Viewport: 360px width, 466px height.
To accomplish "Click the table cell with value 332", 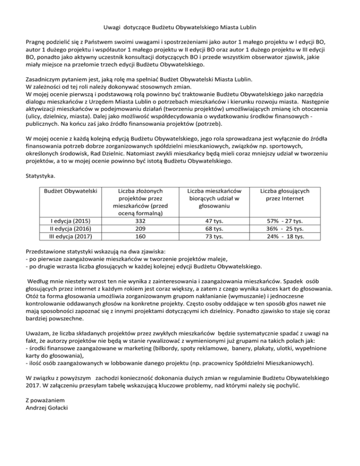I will point(140,221).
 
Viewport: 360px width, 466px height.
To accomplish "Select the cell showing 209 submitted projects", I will point(140,228).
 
